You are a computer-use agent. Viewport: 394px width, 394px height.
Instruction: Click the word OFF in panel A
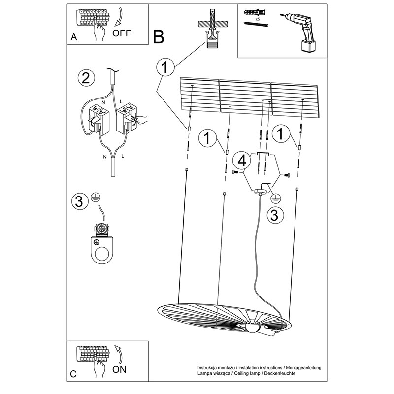click(x=122, y=33)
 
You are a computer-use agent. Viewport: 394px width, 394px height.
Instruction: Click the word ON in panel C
click(x=119, y=370)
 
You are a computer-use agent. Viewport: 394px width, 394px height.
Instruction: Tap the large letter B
click(x=159, y=37)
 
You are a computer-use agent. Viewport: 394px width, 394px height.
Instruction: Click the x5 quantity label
click(x=257, y=19)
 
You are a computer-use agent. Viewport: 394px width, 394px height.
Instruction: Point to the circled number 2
click(x=86, y=78)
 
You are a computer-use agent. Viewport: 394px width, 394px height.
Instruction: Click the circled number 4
click(x=242, y=161)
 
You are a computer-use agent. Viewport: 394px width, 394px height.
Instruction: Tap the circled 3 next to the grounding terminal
click(x=80, y=201)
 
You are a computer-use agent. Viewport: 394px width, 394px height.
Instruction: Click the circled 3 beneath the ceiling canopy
click(x=275, y=215)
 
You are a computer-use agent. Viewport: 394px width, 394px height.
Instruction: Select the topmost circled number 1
click(x=165, y=67)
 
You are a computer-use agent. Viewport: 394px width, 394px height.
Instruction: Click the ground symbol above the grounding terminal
click(x=94, y=197)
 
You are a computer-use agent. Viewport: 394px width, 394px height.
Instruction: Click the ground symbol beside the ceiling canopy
click(x=275, y=198)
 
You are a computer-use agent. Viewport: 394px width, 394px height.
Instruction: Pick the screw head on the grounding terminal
click(x=102, y=229)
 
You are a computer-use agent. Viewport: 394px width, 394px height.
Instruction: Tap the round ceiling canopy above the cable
click(x=260, y=192)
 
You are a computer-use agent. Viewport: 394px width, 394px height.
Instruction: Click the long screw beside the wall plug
click(x=256, y=24)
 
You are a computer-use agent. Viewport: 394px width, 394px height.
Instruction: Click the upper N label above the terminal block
click(x=103, y=102)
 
